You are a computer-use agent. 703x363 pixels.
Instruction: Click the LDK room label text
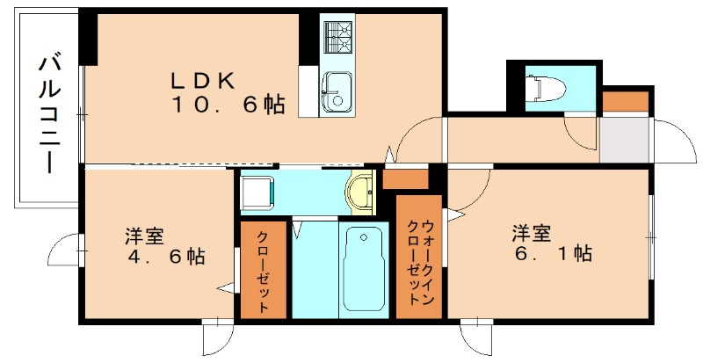(x=201, y=80)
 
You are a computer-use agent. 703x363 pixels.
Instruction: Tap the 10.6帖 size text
(x=227, y=105)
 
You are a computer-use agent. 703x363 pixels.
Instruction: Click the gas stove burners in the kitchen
(x=337, y=37)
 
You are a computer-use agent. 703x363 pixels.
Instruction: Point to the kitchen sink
(x=336, y=91)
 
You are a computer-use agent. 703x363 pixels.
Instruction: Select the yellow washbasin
(x=361, y=193)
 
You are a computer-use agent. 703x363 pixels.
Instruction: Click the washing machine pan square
(x=258, y=192)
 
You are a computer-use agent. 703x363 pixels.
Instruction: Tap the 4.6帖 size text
(x=163, y=258)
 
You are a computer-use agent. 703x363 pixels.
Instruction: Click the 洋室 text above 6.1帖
(x=532, y=233)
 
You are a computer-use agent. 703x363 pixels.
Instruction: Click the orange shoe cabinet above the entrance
(x=627, y=101)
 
